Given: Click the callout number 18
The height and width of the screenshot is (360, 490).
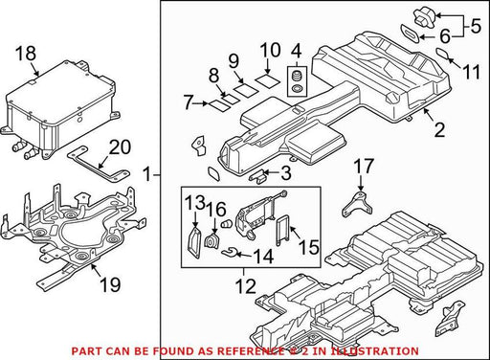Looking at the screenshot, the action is [26, 54].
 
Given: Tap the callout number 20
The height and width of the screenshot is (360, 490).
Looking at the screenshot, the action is [120, 147].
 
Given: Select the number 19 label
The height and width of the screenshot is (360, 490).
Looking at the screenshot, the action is [110, 284].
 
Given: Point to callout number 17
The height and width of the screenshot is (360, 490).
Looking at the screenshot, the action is [364, 167].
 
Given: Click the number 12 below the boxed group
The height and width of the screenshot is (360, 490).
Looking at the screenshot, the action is [246, 286].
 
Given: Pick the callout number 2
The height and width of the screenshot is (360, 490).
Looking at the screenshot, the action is [440, 130].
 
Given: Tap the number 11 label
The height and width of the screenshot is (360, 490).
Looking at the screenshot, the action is [471, 73].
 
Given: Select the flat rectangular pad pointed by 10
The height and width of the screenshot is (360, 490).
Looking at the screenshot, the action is [268, 80].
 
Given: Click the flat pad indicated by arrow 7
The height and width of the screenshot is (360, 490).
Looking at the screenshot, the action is [219, 105].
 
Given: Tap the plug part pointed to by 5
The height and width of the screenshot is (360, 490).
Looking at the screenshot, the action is [424, 16].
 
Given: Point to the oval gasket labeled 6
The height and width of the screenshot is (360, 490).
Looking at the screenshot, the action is [410, 33].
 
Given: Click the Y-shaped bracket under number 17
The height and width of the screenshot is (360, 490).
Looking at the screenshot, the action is [357, 204].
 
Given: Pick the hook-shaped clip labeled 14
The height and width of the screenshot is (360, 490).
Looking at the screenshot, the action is [229, 253].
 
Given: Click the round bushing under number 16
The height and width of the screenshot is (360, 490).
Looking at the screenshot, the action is [211, 241].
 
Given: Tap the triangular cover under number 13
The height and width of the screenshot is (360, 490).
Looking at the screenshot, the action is [193, 242].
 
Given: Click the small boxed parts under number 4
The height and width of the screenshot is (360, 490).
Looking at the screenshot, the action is [297, 81].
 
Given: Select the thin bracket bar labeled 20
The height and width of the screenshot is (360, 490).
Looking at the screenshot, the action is [98, 164].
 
